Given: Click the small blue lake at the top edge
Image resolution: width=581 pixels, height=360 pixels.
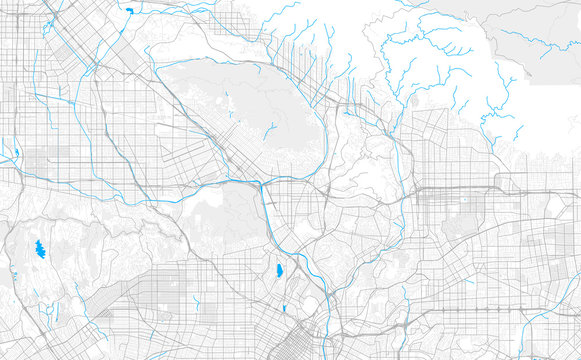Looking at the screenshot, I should (x=129, y=11).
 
